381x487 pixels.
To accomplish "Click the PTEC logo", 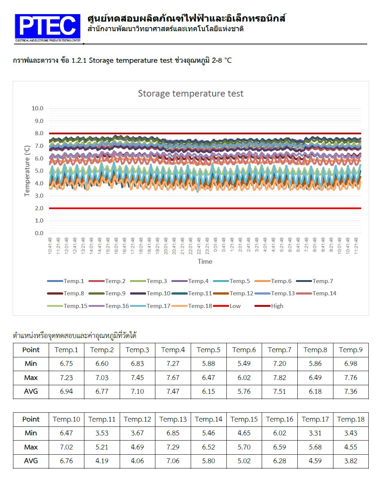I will pos(48,28).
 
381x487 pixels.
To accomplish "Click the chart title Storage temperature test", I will pos(190,94).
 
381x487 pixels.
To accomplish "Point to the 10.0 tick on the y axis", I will pos(38,108).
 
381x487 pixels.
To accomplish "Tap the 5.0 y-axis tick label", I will pos(39,171).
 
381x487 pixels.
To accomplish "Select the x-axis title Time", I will pos(205,262).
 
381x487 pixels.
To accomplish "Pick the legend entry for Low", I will pos(235,306).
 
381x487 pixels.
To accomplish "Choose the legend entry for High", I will pos(277,306).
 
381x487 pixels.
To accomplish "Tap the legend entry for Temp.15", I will pos(75,306).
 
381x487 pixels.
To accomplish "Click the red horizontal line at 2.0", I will pos(205,208).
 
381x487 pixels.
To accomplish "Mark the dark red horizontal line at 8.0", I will pos(205,133).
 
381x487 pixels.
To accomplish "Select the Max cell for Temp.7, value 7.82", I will pos(280,378).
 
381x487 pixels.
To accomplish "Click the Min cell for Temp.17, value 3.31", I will pos(315,433).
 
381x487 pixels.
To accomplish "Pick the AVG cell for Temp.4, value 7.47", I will pos(173,392).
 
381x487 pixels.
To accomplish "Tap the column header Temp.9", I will pos(351,350).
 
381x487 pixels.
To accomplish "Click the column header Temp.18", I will pos(351,419).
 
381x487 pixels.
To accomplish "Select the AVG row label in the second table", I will pos(31,461).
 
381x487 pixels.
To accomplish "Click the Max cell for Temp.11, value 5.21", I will pos(102,447).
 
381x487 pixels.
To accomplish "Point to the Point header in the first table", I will pos(31,350).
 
